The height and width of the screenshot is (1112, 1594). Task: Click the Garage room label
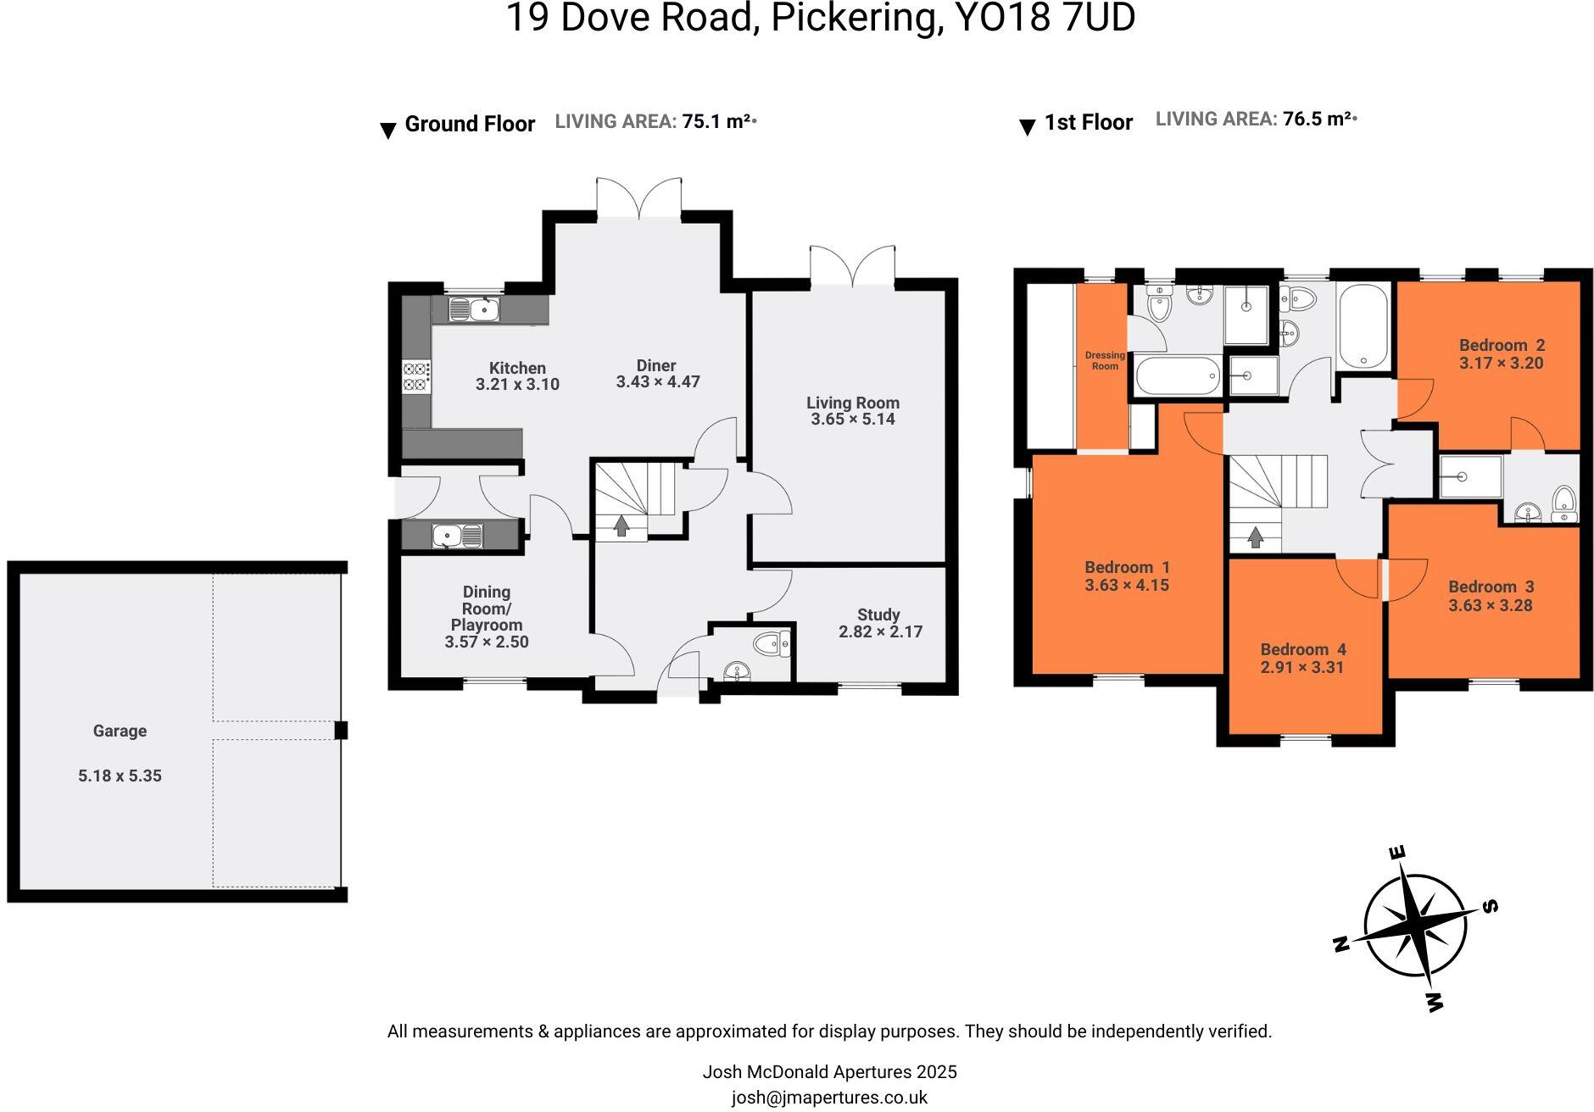[120, 731]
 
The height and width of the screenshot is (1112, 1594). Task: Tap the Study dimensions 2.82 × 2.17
[880, 631]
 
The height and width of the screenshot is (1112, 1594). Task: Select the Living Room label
[852, 403]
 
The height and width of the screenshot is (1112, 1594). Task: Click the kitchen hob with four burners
[416, 376]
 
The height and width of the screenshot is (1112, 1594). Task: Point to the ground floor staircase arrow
[621, 526]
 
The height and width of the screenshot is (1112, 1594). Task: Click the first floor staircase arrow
[1255, 537]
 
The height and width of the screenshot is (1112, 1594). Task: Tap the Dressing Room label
[1105, 360]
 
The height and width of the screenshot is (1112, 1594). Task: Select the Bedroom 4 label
[1302, 649]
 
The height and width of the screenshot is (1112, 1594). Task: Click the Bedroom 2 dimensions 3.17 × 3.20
[1501, 364]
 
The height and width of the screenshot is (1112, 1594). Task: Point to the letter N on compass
[1341, 943]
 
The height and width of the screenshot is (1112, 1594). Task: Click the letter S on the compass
[1490, 906]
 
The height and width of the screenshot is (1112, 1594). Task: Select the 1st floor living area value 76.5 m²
[1317, 120]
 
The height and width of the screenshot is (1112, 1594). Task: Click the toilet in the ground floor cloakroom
[772, 645]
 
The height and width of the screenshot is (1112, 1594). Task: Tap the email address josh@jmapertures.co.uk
[829, 1098]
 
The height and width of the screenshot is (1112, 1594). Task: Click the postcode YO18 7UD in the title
[1045, 19]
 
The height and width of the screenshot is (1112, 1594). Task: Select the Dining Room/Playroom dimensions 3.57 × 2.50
[486, 642]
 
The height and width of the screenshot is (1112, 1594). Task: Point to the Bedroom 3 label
[1491, 587]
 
